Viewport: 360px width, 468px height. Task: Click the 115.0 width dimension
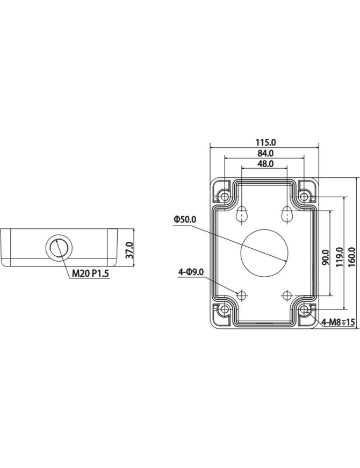click(x=265, y=142)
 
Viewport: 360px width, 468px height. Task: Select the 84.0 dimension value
click(x=265, y=153)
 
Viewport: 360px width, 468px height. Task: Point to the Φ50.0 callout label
click(x=185, y=220)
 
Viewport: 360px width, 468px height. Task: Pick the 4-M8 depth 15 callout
click(x=337, y=322)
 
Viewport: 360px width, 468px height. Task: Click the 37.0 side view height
click(x=129, y=250)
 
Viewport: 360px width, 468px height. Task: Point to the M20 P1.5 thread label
click(x=91, y=274)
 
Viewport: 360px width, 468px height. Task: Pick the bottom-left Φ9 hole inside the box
click(x=242, y=294)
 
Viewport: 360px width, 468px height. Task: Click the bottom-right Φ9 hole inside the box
click(x=287, y=294)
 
